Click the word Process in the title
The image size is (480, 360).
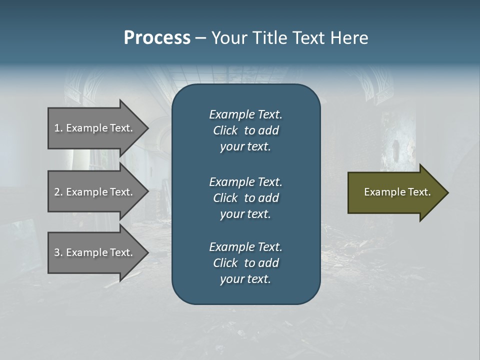point(157,38)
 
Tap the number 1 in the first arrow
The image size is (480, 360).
point(57,128)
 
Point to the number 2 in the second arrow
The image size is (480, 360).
point(57,192)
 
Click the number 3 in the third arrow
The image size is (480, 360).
point(57,252)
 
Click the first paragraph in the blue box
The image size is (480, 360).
point(245,130)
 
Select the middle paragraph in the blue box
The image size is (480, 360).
point(245,197)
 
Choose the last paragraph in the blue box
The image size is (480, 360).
point(245,263)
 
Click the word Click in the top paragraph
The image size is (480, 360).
point(225,130)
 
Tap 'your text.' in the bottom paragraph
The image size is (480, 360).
point(245,279)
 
